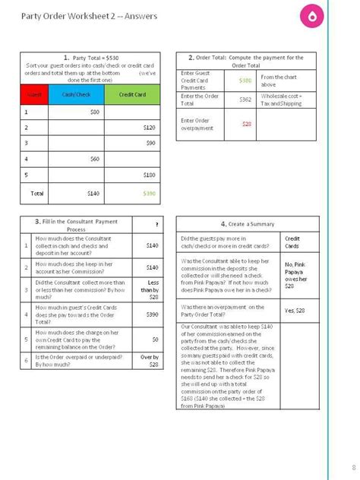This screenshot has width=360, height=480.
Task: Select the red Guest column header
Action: point(34,93)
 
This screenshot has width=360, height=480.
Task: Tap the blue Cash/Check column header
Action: point(76,93)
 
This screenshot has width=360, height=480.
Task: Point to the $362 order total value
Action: point(245,99)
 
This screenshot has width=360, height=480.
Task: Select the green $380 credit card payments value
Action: point(245,80)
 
